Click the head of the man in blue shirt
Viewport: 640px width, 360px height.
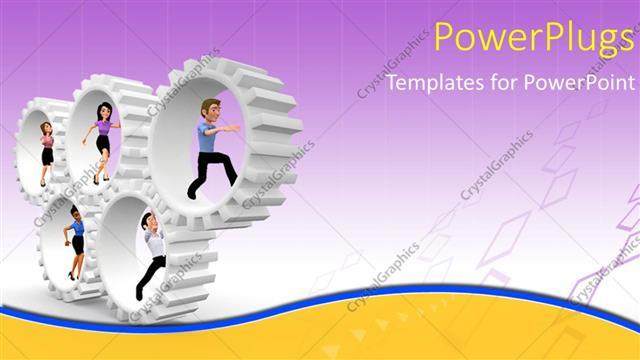coord(207,108)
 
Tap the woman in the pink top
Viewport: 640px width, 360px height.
coord(46,151)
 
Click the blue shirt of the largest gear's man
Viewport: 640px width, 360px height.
coord(208,138)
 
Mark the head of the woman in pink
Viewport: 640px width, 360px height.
coord(45,129)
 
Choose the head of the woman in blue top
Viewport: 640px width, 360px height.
coord(75,213)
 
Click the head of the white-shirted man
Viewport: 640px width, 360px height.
coord(148,221)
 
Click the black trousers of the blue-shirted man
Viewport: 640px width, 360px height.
coord(213,168)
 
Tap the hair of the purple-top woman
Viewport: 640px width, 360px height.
coord(99,108)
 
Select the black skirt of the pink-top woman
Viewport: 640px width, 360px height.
coord(46,155)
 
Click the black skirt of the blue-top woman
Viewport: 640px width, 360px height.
coord(77,244)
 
